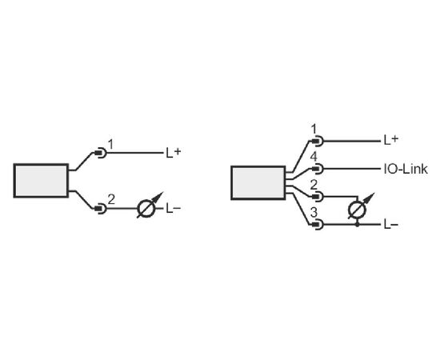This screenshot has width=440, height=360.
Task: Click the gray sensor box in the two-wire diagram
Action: pyautogui.click(x=41, y=181)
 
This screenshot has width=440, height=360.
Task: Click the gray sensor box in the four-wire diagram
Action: pyautogui.click(x=258, y=183)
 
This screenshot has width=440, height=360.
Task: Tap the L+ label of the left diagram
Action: pyautogui.click(x=174, y=153)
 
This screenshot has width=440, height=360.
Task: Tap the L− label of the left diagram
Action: pyautogui.click(x=173, y=209)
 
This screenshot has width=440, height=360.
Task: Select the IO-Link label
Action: pyautogui.click(x=406, y=169)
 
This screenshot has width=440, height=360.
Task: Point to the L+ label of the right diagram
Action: pyautogui.click(x=391, y=139)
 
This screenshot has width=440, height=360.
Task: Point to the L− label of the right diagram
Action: pyautogui.click(x=391, y=225)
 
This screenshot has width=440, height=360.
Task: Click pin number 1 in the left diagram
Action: pyautogui.click(x=111, y=145)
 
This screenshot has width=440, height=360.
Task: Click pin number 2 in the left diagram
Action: pyautogui.click(x=111, y=199)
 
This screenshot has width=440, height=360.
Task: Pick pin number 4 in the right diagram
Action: pyautogui.click(x=314, y=157)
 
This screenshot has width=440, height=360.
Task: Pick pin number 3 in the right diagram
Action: pyautogui.click(x=314, y=213)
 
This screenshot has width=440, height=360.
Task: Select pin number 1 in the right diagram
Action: pyautogui.click(x=314, y=130)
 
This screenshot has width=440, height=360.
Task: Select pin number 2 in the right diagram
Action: pyautogui.click(x=314, y=185)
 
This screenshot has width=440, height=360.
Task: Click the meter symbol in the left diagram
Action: pyautogui.click(x=146, y=209)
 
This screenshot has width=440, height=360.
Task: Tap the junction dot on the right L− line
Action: pyautogui.click(x=358, y=225)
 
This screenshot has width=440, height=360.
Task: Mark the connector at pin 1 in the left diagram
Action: pyautogui.click(x=101, y=153)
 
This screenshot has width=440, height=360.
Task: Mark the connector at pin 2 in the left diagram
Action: pyautogui.click(x=101, y=209)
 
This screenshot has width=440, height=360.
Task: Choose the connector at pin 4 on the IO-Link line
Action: pyautogui.click(x=318, y=169)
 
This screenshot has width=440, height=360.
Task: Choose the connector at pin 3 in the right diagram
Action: pyautogui.click(x=318, y=225)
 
